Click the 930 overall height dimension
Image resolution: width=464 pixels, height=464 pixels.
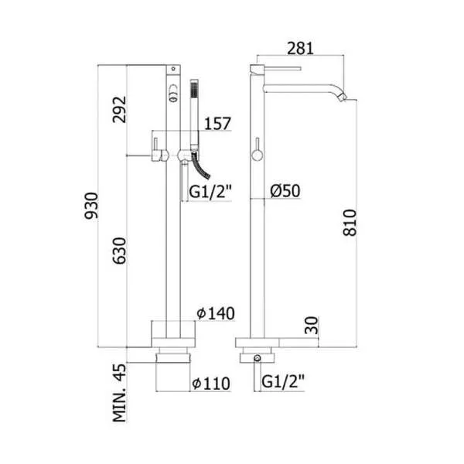click(91, 206)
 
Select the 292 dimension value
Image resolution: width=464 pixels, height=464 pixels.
click(119, 110)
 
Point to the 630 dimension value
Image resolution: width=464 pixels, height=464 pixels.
click(119, 251)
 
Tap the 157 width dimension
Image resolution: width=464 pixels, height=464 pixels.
click(217, 124)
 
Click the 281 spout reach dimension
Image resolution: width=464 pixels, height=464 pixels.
click(300, 48)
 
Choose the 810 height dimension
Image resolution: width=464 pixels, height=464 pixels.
click(350, 223)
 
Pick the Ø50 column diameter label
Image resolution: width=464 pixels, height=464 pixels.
click(285, 190)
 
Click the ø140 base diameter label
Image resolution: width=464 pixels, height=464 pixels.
click(216, 313)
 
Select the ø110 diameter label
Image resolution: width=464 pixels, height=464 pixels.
click(211, 384)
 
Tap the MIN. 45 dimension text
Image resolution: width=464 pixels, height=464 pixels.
click(119, 393)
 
